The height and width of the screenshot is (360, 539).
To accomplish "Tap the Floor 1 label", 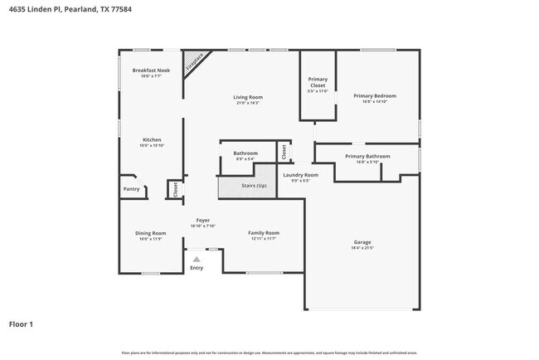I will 21,324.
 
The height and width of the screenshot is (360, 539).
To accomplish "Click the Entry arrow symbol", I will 197,260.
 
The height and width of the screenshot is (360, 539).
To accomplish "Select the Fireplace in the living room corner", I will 195,61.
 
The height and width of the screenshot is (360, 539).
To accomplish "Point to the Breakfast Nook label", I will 151,71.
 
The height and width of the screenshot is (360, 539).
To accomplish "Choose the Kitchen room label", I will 152,140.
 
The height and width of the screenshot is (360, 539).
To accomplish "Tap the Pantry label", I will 131,189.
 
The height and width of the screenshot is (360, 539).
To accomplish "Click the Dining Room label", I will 151,233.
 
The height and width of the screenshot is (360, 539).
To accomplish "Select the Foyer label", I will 203,221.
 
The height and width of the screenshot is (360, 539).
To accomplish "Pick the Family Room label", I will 264,233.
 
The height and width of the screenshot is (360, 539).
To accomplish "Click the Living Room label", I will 248,98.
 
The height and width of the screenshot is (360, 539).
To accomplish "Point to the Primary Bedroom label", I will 375,96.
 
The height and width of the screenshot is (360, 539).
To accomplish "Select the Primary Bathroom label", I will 367,157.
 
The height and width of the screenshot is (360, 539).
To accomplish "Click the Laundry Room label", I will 300,175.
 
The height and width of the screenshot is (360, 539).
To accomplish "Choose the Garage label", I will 362,243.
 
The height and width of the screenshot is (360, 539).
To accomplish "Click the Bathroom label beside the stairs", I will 245,153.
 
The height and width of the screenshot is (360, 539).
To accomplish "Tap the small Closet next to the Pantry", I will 175,189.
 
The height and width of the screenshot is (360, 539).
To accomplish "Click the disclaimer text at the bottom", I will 269,352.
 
